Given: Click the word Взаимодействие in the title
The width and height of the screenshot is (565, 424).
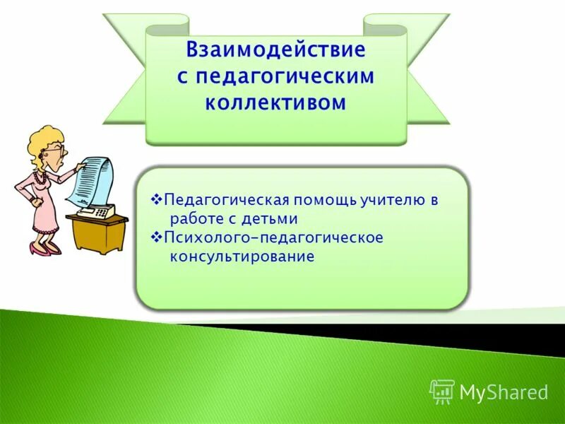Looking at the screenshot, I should pyautogui.click(x=276, y=51).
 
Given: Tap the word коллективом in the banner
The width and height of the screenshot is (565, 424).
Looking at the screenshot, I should pyautogui.click(x=276, y=102).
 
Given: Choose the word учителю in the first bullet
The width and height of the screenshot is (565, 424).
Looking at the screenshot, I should pyautogui.click(x=390, y=201).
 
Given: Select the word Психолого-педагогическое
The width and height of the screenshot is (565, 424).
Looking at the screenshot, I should pyautogui.click(x=273, y=238).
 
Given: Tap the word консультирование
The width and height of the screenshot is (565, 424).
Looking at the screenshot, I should pyautogui.click(x=242, y=257).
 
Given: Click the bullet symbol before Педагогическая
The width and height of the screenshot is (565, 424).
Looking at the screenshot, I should pyautogui.click(x=157, y=201).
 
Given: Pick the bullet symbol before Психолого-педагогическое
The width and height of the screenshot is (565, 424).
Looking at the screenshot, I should pyautogui.click(x=157, y=238).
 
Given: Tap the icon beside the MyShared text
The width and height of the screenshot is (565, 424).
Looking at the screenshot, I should pyautogui.click(x=442, y=391).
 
